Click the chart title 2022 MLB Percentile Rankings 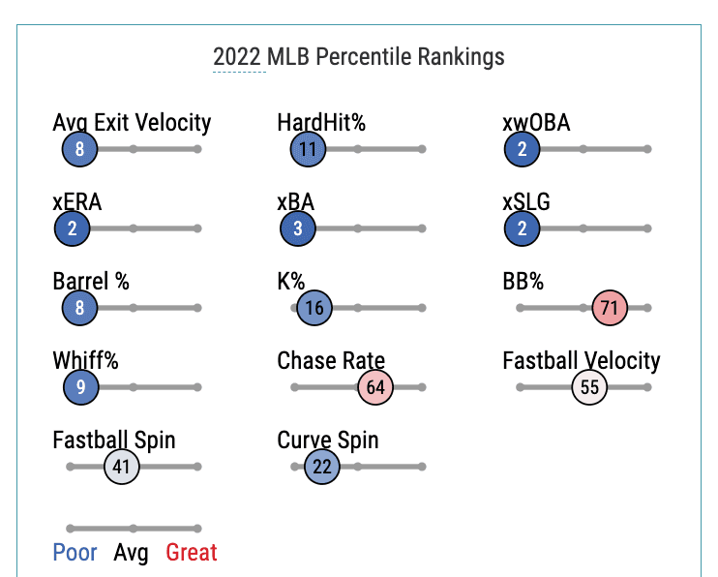pos(359,56)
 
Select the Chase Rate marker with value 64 pos(375,387)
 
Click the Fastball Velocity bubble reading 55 pos(589,387)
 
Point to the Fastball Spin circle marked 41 pos(122,467)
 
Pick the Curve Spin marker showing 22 pos(322,467)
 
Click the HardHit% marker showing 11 pos(308,149)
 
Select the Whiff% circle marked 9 pos(80,387)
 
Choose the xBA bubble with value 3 pos(298,229)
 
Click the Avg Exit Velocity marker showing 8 pos(79,149)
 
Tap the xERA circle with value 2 pos(73,229)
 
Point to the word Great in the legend pos(192,553)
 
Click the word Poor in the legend pos(75,553)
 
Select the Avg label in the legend pos(131,553)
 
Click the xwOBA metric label pos(536,123)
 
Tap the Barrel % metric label pos(91,282)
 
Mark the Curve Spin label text pos(328,440)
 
